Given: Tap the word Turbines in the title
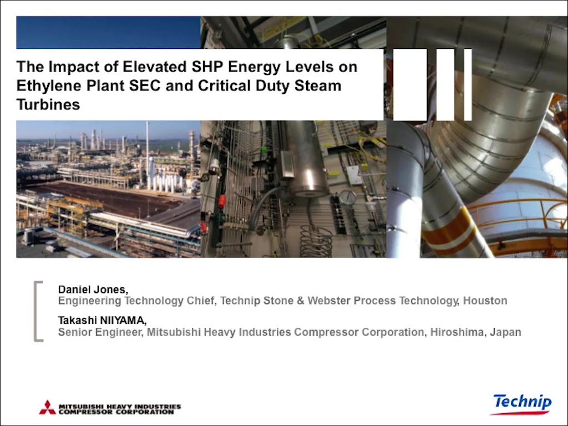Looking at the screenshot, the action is click(48, 104).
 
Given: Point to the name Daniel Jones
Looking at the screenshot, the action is click(93, 290).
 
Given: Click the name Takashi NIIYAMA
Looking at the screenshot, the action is click(102, 321).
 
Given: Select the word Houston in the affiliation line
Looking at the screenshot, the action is click(485, 301).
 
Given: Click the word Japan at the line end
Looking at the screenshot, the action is click(505, 332).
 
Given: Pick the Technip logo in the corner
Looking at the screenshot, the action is click(522, 404).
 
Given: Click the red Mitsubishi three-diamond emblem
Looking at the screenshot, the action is click(48, 408).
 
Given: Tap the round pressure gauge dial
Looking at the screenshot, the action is click(347, 197).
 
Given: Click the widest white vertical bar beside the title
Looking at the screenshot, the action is click(410, 85).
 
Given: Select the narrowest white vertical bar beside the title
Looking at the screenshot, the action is click(468, 85).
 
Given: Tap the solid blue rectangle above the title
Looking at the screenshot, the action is click(108, 33).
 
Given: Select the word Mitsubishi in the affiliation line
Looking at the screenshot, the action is click(172, 332).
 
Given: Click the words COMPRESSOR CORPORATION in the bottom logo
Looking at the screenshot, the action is click(116, 412).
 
